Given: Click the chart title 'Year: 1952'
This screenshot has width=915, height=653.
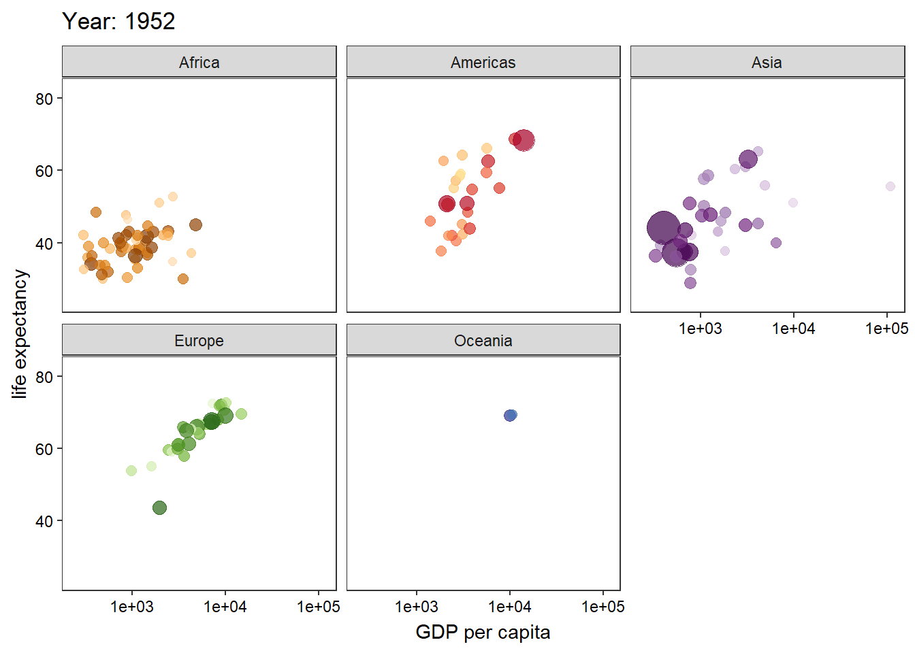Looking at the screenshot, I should pos(118,22).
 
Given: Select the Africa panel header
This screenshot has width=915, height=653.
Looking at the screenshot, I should pos(199,63).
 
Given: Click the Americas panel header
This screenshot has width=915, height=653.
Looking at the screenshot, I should pos(483,63).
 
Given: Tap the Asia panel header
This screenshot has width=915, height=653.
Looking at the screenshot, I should pos(767,63).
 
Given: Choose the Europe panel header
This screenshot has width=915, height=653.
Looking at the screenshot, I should pos(199,341).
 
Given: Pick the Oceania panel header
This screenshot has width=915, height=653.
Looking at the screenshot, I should pos(483,341).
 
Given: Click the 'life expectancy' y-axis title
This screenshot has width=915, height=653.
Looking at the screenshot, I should pos(20,333).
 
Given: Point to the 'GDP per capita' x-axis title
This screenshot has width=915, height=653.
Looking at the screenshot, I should pos(483,633).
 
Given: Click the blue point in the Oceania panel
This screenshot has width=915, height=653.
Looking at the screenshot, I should pos(510,415).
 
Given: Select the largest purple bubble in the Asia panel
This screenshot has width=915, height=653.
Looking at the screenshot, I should pos(663,227).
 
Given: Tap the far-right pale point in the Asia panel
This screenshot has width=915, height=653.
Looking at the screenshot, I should pos(890,186).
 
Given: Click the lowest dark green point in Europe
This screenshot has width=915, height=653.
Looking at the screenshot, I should pos(159,507).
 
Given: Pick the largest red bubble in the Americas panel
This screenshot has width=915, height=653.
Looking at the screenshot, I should pos(524,140).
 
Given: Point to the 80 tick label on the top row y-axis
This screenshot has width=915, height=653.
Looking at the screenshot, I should pos(44,99).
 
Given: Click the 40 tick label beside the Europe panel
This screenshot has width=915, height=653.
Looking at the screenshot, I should pos(44,521).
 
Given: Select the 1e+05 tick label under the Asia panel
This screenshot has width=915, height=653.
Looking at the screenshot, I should pos(886,329).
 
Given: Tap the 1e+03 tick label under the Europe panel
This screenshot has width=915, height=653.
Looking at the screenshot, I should pos(132,607).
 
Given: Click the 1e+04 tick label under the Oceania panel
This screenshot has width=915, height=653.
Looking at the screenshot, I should pos(509,607).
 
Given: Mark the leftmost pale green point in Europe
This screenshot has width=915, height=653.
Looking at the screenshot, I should pos(131,471).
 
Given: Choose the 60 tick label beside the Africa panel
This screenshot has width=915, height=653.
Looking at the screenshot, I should pos(44,171).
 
